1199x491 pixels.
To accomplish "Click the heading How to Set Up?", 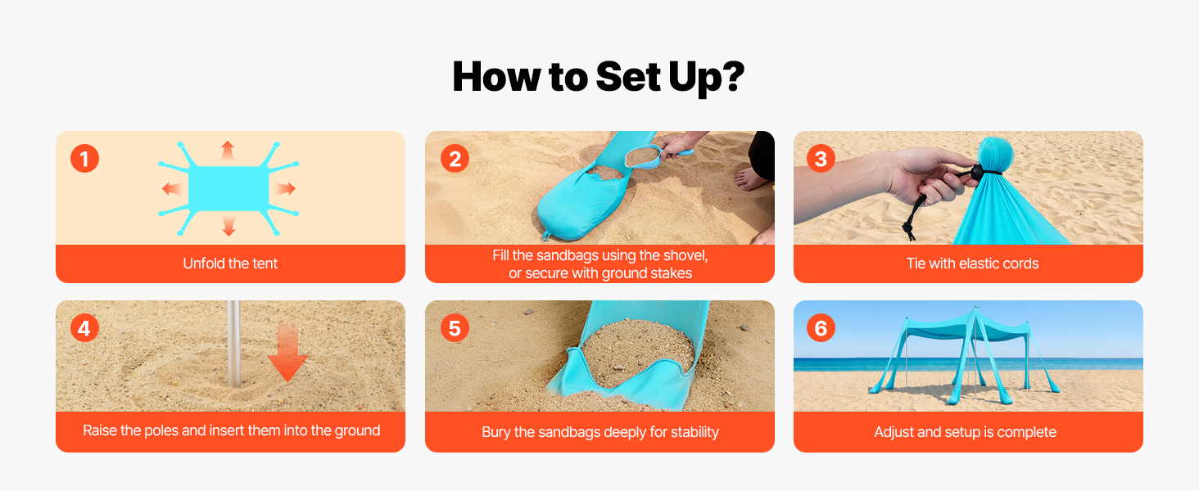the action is pos(599,77).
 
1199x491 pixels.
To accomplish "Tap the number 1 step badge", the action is pos(84,158).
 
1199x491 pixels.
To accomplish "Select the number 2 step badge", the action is pos(455,158).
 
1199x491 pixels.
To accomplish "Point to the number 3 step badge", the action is pos(821,158).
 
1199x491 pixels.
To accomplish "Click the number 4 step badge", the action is pos(84,328).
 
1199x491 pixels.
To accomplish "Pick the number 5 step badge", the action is pos(455,328).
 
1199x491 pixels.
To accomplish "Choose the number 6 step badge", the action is pos(821,328).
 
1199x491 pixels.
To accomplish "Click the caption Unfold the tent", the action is pos(230,264).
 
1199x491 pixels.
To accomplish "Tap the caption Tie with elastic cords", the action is pos(972,264).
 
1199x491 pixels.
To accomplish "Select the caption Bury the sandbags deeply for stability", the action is pos(600,432).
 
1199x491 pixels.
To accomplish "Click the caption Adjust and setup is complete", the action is pos(965,432).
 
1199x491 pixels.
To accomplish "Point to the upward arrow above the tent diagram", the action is pos(228,151).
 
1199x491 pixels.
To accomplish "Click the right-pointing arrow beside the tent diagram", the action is pos(285,188).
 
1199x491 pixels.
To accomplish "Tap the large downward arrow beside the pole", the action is pos(287,351).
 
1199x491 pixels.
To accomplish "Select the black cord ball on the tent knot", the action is pos(976,172).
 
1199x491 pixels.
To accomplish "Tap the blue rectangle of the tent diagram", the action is pos(228,187).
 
